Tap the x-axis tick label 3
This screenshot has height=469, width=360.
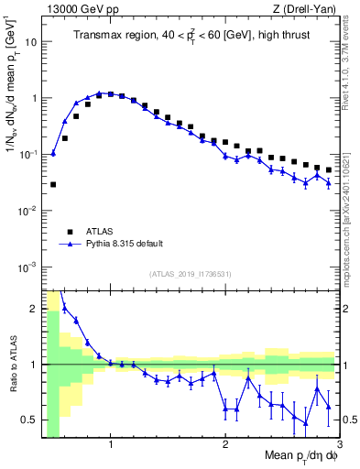click(x=338, y=446)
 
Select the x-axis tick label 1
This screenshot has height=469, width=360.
click(x=111, y=446)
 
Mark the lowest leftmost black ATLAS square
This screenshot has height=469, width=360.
click(x=53, y=184)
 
